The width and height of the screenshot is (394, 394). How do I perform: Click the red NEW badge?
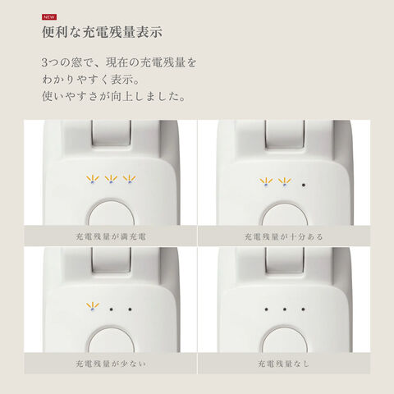coord(49,17)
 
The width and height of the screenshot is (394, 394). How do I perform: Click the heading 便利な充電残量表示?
coord(102,32)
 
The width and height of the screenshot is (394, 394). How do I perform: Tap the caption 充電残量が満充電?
coord(111,236)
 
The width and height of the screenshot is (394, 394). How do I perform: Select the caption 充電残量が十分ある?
coord(284,236)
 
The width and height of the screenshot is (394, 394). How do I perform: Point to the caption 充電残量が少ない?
coord(111,364)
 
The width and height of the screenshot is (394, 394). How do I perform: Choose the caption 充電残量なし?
coord(284,364)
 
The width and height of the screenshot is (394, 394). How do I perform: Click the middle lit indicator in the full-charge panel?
coord(111,179)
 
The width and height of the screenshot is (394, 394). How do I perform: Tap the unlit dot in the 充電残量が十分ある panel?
coord(304,185)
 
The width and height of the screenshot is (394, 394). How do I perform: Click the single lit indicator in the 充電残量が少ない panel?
coord(93,306)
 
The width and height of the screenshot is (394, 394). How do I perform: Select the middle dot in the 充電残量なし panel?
coord(285,309)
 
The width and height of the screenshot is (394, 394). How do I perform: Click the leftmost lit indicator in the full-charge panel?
coord(93,179)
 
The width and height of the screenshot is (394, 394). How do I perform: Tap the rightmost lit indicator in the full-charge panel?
coord(129,179)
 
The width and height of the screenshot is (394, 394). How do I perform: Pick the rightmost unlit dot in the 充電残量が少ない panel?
coord(130,309)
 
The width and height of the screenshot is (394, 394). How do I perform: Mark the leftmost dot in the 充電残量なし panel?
coord(266,309)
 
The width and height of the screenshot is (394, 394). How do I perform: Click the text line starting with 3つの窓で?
coord(119,62)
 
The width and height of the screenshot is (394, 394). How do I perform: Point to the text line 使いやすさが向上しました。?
coord(114,96)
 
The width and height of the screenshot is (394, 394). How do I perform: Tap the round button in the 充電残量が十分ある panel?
coord(285,215)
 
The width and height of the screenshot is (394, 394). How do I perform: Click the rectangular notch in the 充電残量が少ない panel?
coord(111,260)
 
